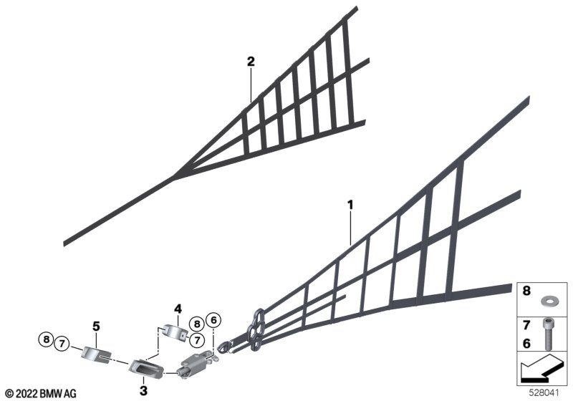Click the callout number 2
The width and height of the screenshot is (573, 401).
point(251,62)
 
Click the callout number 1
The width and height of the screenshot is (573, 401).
point(351,206)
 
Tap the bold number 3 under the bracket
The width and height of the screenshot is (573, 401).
point(143,390)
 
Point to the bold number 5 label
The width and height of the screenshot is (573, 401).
point(95,326)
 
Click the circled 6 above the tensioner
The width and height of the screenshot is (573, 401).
point(213,320)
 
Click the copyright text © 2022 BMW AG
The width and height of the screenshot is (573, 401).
point(40,393)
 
